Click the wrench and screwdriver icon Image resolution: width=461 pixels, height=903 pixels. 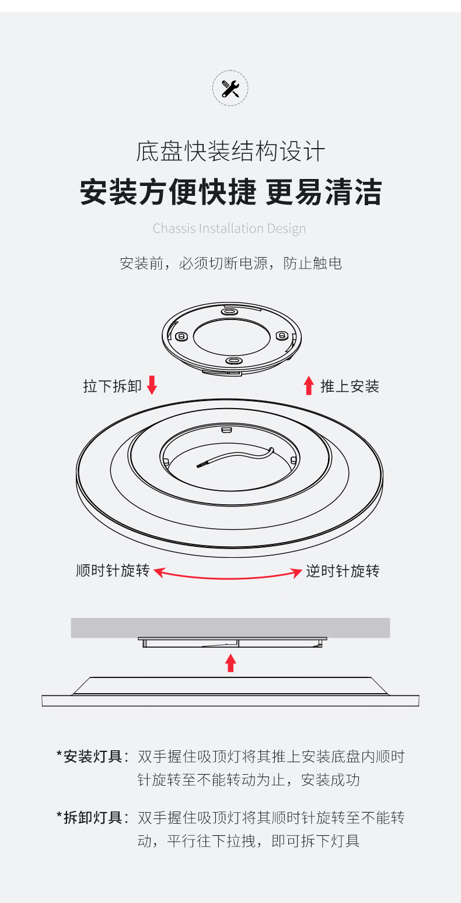(x=230, y=88)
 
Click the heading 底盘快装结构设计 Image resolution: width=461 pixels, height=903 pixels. (x=230, y=152)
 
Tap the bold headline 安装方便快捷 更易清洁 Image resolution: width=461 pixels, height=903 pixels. (x=230, y=192)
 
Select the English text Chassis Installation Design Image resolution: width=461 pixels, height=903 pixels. (x=229, y=228)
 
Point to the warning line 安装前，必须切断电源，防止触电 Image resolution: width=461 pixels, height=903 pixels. (x=230, y=263)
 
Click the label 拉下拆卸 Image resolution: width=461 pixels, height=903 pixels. (x=112, y=386)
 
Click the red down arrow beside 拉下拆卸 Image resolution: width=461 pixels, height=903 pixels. (x=152, y=385)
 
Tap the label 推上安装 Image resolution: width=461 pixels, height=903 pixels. (x=350, y=386)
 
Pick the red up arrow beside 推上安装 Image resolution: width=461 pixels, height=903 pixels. (x=309, y=385)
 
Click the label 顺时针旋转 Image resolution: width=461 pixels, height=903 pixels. (x=113, y=571)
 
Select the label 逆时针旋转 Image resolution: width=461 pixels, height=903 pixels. (x=343, y=571)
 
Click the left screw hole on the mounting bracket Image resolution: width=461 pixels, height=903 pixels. (x=180, y=336)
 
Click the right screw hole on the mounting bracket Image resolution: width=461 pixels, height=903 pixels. (x=281, y=336)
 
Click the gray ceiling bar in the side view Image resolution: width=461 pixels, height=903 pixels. (x=230, y=627)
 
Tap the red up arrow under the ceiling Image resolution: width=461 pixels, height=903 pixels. (x=230, y=662)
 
